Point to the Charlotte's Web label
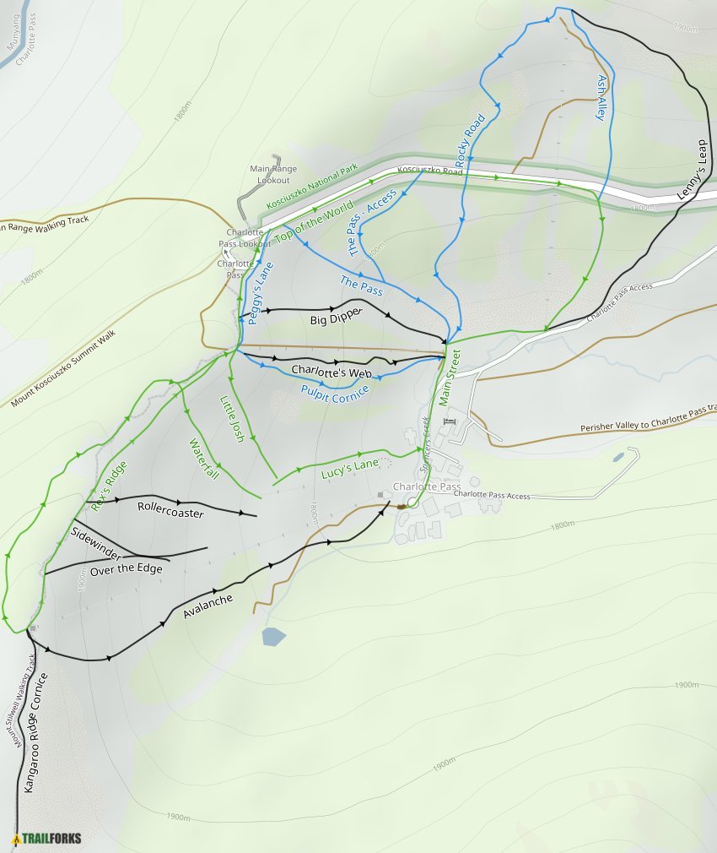point(332,371)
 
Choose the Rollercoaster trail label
point(170,508)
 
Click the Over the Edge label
point(126,569)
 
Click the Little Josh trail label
point(232,419)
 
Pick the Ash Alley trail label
point(601,97)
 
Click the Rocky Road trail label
point(471,139)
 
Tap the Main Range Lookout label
point(270,175)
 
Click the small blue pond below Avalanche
point(273,636)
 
